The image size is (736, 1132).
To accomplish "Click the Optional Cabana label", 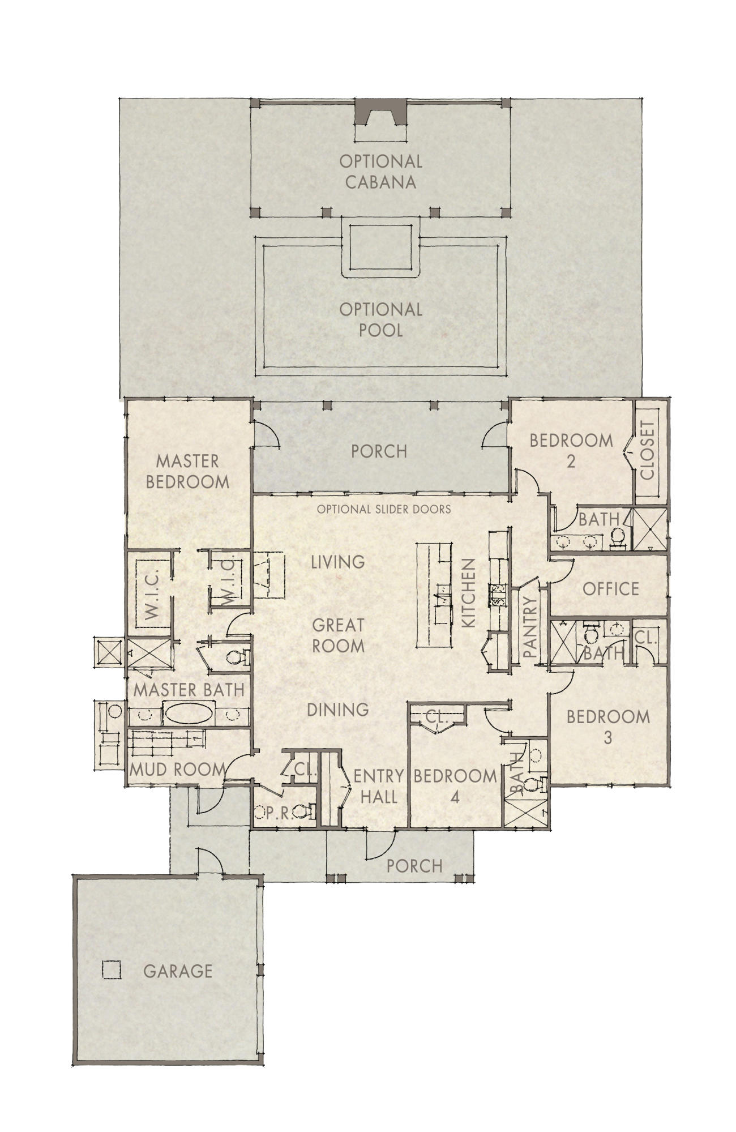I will [x=380, y=172].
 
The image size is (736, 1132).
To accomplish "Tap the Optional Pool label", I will [x=380, y=319].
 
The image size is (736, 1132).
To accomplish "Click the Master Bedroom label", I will [x=187, y=471].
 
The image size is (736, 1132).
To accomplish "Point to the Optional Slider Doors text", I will [x=384, y=509].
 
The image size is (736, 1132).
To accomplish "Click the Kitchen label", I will [x=469, y=593].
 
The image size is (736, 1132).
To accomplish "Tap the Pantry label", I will [x=530, y=627].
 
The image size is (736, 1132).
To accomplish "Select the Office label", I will [x=611, y=589].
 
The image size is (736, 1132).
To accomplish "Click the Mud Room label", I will [x=177, y=770].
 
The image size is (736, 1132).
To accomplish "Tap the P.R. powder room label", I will [x=276, y=813].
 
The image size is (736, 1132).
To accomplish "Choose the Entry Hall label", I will [x=378, y=786].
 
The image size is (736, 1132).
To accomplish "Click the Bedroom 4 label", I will [x=455, y=786].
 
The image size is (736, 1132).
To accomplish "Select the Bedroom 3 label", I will [x=608, y=727].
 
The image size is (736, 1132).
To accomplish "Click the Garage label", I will [x=178, y=971].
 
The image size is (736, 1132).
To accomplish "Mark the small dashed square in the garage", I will [x=111, y=970].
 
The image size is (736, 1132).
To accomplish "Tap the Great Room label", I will [x=338, y=635].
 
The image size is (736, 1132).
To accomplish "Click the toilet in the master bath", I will [x=238, y=657].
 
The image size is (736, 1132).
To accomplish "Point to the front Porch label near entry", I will [x=414, y=866].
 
